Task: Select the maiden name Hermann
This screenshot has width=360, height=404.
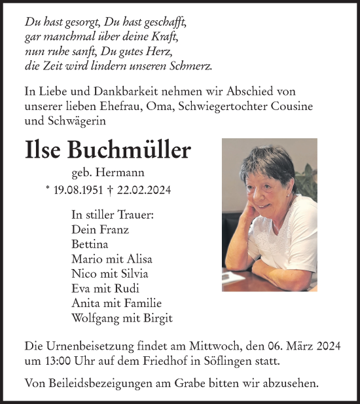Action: tap(124, 173)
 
